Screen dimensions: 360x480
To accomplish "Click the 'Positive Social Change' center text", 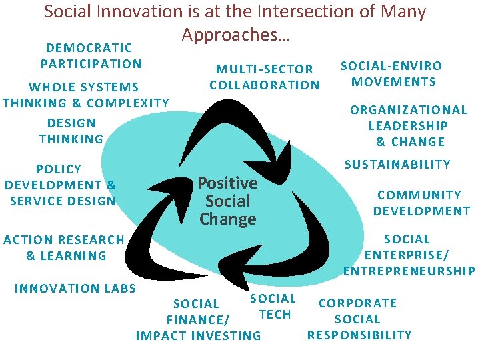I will [227, 201].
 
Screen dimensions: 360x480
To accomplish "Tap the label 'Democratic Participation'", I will [91, 56].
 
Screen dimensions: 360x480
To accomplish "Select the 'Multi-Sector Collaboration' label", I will [265, 77].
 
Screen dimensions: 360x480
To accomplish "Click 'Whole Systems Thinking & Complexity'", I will [86, 95].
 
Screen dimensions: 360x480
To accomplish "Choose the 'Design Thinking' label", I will [71, 131].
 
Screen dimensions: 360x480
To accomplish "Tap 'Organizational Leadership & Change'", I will [408, 125].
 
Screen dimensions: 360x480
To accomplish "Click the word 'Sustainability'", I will [397, 164].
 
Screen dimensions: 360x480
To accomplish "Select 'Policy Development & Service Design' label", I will [60, 185].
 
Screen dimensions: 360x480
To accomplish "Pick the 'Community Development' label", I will [421, 203].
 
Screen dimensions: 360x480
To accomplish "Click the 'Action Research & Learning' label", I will [64, 247].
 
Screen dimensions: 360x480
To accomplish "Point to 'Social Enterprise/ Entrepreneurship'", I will [409, 255].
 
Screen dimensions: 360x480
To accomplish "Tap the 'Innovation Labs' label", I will [75, 288].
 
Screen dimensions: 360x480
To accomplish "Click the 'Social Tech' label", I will [273, 307].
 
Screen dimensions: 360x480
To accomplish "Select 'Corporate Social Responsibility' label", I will [359, 319].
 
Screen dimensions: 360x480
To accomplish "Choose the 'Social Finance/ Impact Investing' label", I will [198, 320].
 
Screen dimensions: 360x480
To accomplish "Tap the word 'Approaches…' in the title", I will [235, 33].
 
